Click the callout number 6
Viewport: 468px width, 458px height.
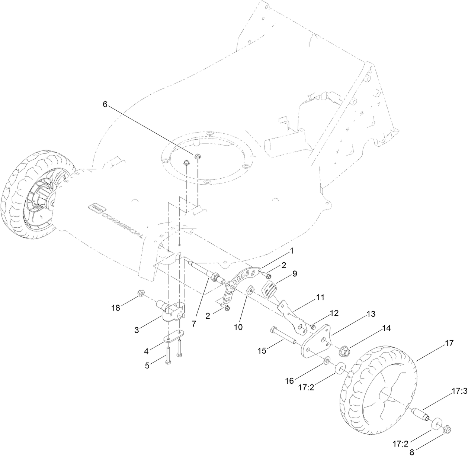(105, 105)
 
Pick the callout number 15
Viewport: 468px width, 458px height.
(262, 350)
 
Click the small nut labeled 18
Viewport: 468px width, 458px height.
(141, 293)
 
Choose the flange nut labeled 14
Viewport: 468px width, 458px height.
(344, 350)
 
